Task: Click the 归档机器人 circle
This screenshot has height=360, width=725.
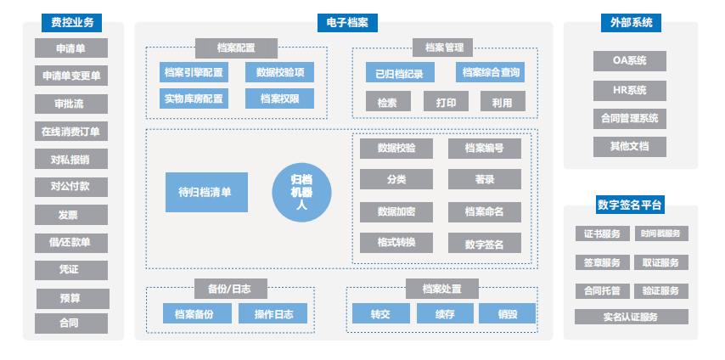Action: click(301, 193)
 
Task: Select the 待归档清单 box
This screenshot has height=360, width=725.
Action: click(206, 192)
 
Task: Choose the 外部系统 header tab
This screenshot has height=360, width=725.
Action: click(630, 22)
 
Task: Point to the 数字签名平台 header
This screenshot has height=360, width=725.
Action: click(630, 205)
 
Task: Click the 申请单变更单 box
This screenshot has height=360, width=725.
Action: click(71, 76)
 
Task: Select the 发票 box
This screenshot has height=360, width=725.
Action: click(71, 215)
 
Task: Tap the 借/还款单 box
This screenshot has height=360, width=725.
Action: click(71, 242)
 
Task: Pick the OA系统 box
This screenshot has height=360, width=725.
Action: click(630, 61)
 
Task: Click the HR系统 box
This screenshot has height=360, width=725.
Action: click(630, 90)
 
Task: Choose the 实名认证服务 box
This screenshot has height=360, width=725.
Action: click(630, 317)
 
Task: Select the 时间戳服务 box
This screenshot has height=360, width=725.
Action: click(664, 233)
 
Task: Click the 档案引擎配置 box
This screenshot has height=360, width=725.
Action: click(194, 73)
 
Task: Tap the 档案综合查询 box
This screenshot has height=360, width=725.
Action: click(490, 73)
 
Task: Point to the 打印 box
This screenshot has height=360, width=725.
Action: click(446, 103)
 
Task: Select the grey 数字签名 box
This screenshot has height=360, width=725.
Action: click(485, 244)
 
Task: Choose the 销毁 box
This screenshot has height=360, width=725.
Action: click(507, 314)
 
